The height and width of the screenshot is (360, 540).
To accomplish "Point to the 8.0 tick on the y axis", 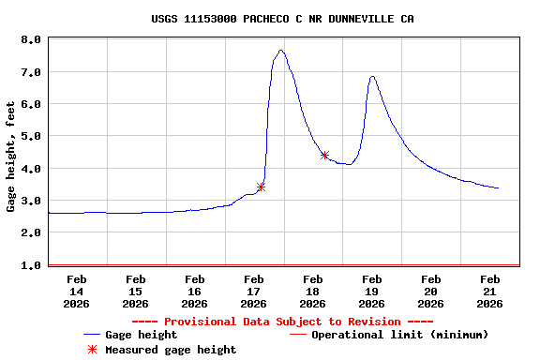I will (30, 40).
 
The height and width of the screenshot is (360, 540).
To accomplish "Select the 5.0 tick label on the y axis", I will (30, 137).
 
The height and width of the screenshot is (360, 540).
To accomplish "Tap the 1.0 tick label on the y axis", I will (30, 265).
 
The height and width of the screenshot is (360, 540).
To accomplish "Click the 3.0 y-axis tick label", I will (30, 202).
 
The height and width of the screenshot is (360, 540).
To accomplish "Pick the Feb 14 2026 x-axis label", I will (76, 291).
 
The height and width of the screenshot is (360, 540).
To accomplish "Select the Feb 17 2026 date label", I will (253, 291).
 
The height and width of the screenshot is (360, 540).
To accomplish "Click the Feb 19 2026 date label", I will (372, 291).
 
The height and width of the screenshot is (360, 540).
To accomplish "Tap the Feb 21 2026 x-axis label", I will (490, 291).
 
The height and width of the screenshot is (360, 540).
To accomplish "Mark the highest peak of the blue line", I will (281, 51).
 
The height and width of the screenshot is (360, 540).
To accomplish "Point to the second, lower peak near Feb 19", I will (372, 77).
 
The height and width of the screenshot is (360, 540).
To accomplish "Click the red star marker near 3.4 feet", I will (261, 187).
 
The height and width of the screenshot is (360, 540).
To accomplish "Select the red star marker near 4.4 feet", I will (324, 155).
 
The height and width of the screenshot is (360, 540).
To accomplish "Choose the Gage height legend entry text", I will (141, 335).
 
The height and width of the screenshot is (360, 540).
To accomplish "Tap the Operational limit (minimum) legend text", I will (399, 335).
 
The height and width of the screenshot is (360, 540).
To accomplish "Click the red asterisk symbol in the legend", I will (92, 350).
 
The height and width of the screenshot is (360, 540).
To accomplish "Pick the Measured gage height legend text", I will (171, 350).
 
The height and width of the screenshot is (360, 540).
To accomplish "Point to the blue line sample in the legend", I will (92, 335).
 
